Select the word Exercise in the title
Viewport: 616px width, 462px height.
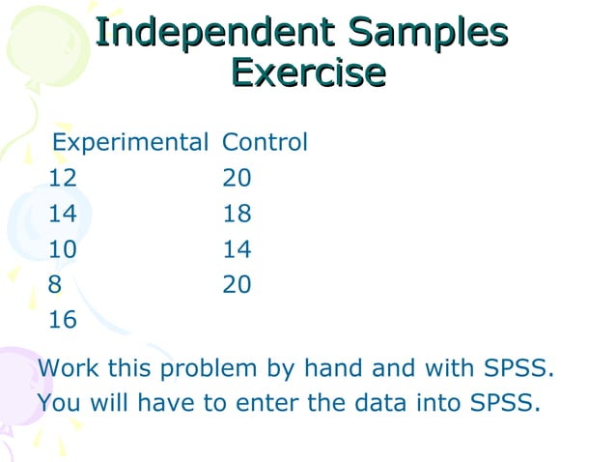pyautogui.click(x=308, y=72)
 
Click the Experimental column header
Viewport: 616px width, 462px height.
pyautogui.click(x=129, y=143)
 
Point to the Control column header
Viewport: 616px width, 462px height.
pyautogui.click(x=265, y=143)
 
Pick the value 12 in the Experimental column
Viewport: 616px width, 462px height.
pyautogui.click(x=63, y=179)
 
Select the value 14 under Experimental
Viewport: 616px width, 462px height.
pyautogui.click(x=63, y=214)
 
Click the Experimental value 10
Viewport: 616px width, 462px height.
pyautogui.click(x=63, y=249)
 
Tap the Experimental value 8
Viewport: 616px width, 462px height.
pyautogui.click(x=55, y=284)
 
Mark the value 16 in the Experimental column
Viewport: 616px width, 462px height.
pyautogui.click(x=63, y=320)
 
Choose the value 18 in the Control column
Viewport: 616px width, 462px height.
pyautogui.click(x=237, y=214)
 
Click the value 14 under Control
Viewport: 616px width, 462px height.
pyautogui.click(x=237, y=249)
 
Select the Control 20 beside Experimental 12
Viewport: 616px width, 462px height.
pyautogui.click(x=237, y=179)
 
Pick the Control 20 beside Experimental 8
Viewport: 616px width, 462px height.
pyautogui.click(x=237, y=284)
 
